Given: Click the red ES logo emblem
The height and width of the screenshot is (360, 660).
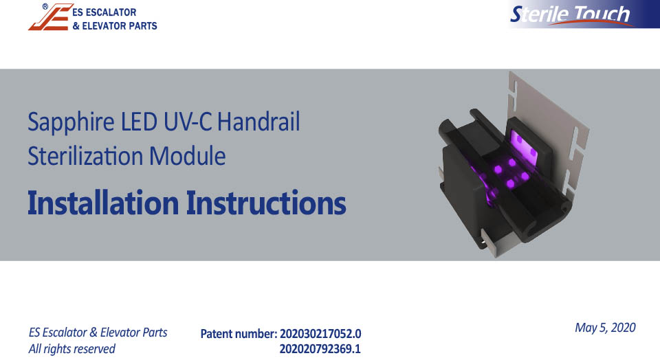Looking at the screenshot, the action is point(49,17).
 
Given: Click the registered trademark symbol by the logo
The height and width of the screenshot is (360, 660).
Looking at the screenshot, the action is point(45,6).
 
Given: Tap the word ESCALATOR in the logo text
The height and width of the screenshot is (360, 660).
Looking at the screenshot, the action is point(111,12).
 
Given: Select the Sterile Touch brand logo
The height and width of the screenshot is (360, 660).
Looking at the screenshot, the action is point(583,14).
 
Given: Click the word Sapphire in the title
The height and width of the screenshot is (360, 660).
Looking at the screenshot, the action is point(71,123).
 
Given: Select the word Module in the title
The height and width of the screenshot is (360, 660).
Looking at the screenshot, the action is point(187,156).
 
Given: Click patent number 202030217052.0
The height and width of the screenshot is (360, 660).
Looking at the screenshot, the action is point(320,334).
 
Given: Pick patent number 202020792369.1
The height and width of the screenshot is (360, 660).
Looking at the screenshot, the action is point(320,349).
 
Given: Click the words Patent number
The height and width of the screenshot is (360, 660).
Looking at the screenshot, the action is point(239,334).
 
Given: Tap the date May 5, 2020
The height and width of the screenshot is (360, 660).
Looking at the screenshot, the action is point(605,328).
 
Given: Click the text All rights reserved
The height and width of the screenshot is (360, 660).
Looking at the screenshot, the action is point(72,349).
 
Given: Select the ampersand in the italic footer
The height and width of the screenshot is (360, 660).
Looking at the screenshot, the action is point(93,333).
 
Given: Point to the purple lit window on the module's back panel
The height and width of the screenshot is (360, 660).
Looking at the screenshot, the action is point(525,145).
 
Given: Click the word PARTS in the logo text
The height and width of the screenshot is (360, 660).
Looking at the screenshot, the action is point(143,26).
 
